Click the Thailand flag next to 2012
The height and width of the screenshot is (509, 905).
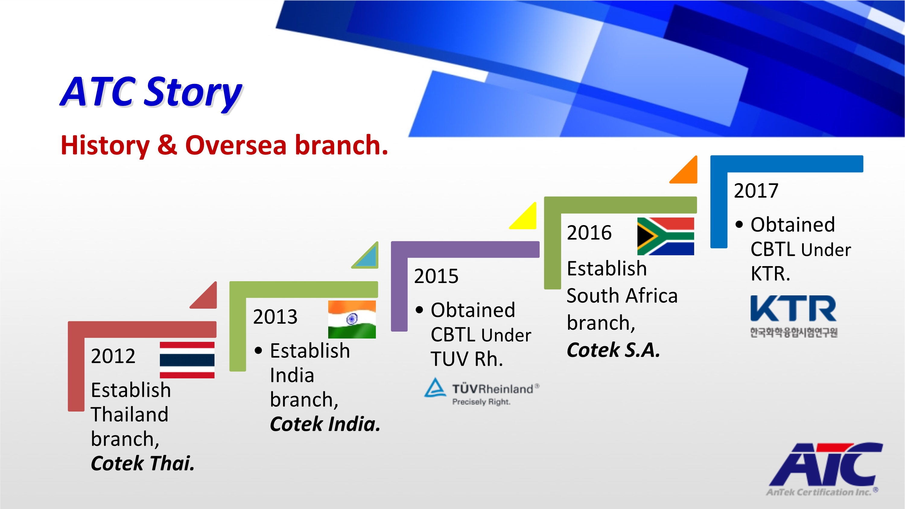tap(187, 360)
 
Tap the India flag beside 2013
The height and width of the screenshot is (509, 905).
tap(352, 319)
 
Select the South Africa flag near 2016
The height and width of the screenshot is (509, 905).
tap(665, 236)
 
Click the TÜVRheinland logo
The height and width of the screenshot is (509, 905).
tap(481, 392)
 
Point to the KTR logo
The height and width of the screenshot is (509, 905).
tap(794, 316)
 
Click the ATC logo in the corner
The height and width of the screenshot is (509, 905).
tap(824, 469)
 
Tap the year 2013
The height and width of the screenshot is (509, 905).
tap(275, 317)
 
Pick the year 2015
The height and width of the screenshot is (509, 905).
tap(436, 276)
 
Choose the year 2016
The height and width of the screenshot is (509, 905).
tap(589, 233)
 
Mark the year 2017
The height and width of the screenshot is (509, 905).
tap(756, 191)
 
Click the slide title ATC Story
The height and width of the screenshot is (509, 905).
tap(151, 92)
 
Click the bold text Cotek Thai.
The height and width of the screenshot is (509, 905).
tap(143, 463)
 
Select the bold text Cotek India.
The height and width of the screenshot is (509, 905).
tap(325, 424)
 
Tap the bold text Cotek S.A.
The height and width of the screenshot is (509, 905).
tap(613, 350)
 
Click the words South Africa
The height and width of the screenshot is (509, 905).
tap(622, 295)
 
